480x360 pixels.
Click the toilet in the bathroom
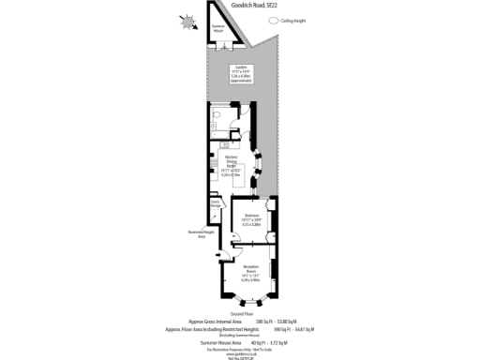pos(216,117)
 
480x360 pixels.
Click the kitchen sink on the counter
pos(224,147)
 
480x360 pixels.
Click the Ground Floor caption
pos(241,314)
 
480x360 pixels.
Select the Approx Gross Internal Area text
pos(216,322)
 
